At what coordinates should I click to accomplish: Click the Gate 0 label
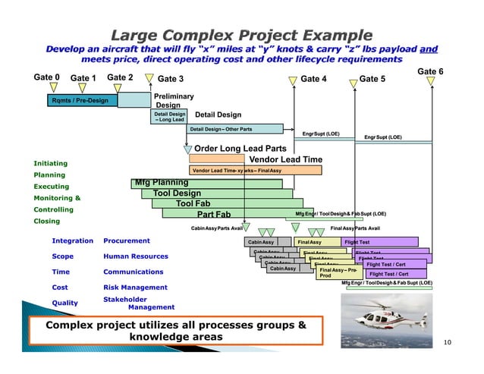(x=47, y=77)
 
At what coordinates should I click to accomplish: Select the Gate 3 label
(x=170, y=79)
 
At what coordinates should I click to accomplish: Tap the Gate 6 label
(x=430, y=71)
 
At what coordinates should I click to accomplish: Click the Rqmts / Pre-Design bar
(x=80, y=100)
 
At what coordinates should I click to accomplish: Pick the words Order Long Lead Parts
(x=240, y=149)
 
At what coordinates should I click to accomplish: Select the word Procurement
(x=126, y=240)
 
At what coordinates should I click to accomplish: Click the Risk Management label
(x=135, y=288)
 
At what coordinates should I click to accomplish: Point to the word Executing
(x=51, y=187)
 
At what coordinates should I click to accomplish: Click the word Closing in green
(x=46, y=222)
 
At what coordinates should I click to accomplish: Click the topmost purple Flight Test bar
(x=379, y=242)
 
